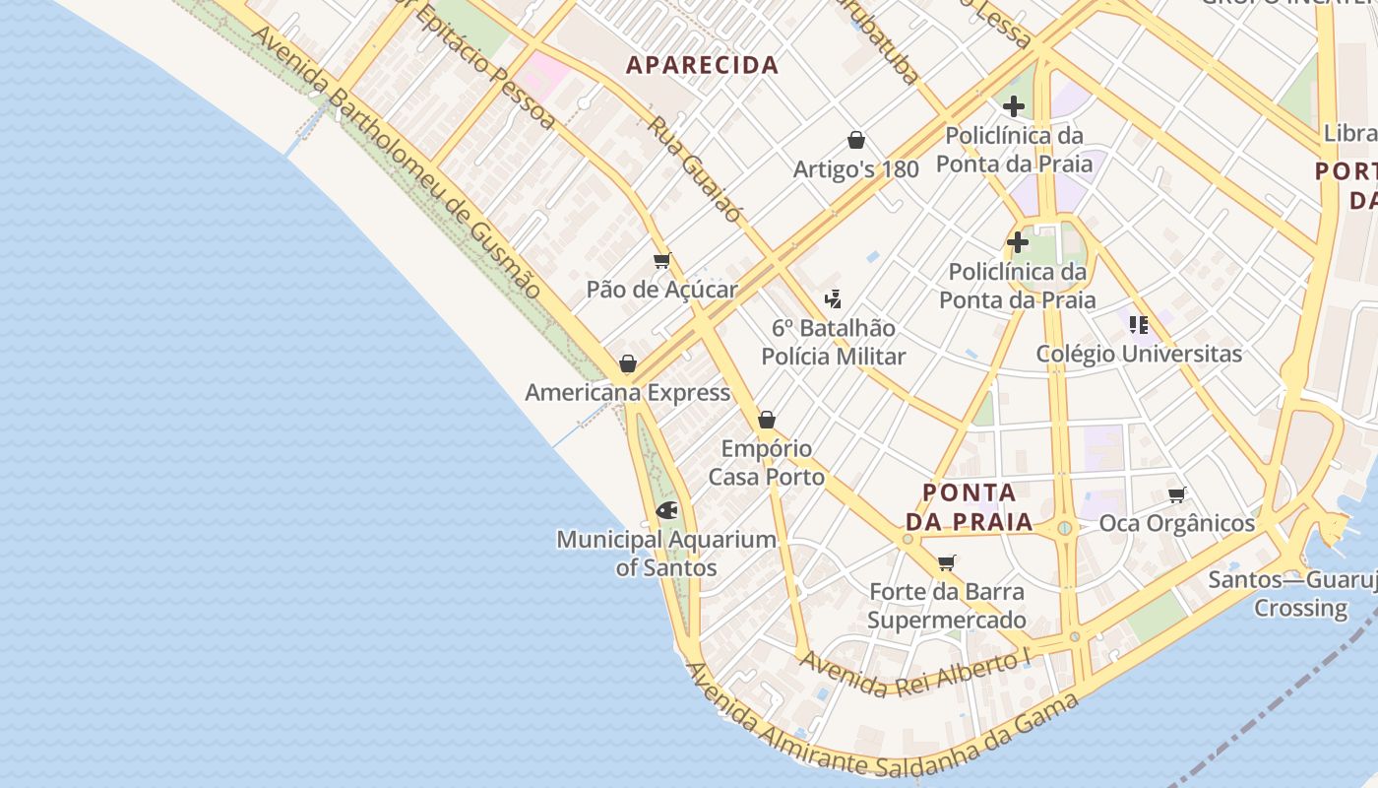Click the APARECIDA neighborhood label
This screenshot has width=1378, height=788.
click(703, 66)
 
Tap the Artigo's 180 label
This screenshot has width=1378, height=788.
click(856, 169)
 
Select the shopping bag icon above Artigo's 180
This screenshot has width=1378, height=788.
click(856, 140)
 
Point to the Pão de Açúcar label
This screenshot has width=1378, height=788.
click(661, 290)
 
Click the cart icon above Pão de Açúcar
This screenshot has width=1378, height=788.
click(661, 261)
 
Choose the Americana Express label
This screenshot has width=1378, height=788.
click(628, 393)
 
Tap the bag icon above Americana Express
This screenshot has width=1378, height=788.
click(628, 364)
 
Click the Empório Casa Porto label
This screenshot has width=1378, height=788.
click(767, 463)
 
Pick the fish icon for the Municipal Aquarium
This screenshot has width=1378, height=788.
click(666, 510)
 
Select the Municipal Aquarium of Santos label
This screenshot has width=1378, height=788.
click(666, 554)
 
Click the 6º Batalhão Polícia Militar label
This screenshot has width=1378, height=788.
click(834, 342)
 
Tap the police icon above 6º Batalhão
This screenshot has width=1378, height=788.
click(834, 298)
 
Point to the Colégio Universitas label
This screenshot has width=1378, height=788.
click(1139, 354)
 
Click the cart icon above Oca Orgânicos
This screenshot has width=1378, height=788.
click(1176, 494)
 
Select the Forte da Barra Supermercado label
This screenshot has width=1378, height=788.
click(947, 606)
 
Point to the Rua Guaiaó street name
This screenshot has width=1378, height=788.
click(693, 169)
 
